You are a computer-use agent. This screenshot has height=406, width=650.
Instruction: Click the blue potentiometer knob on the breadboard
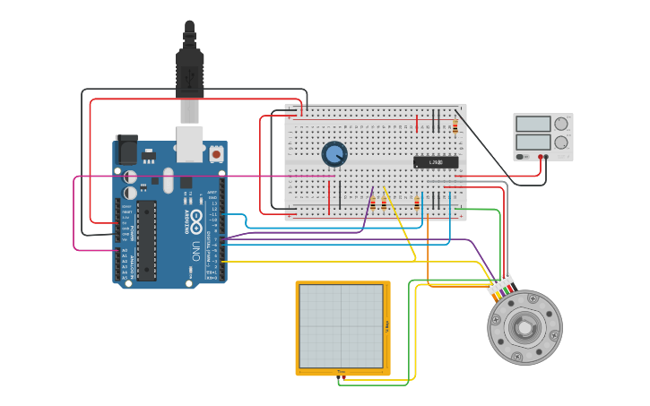(334, 154)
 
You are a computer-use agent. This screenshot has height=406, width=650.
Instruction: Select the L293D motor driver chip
(436, 162)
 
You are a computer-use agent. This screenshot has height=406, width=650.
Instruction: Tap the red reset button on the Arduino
(216, 154)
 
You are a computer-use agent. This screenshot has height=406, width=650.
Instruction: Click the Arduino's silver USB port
(189, 143)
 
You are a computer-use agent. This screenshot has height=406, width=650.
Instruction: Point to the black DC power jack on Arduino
(126, 149)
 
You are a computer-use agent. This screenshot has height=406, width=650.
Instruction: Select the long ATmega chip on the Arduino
(146, 239)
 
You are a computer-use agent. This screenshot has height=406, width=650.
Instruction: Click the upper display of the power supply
(533, 124)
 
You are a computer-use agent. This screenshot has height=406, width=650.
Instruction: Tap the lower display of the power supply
(533, 142)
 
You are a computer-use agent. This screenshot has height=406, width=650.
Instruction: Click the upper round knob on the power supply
(561, 124)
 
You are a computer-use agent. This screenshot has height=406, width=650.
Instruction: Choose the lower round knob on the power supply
(561, 142)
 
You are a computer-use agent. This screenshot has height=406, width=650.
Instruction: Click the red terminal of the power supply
(541, 157)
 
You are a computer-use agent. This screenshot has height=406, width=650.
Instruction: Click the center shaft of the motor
(524, 328)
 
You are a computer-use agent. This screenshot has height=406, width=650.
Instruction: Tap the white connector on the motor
(500, 284)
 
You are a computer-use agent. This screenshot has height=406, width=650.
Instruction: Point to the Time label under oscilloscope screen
(342, 371)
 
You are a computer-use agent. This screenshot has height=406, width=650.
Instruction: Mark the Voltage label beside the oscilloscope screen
(386, 326)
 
